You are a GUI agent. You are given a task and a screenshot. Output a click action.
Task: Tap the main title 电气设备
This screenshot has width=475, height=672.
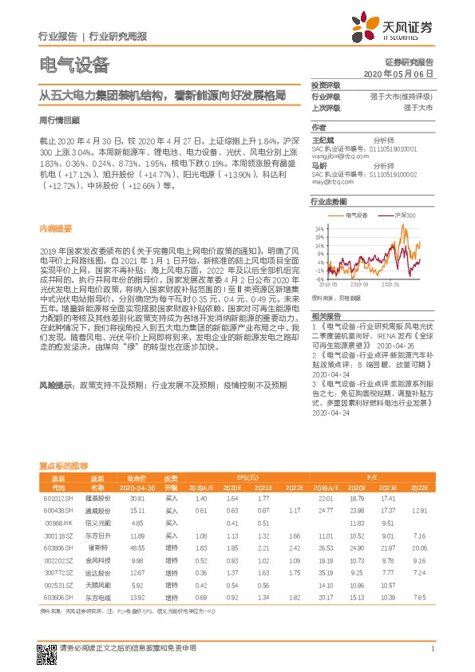click(x=73, y=65)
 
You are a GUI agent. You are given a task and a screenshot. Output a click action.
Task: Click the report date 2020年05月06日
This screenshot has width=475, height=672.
click(x=398, y=73)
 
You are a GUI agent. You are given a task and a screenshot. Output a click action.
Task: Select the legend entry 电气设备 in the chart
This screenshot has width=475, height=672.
click(x=360, y=215)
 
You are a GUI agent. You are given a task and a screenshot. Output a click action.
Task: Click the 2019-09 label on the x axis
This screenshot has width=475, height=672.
click(x=358, y=283)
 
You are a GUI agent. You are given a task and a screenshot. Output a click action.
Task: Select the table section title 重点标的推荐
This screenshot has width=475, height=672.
click(x=64, y=465)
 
